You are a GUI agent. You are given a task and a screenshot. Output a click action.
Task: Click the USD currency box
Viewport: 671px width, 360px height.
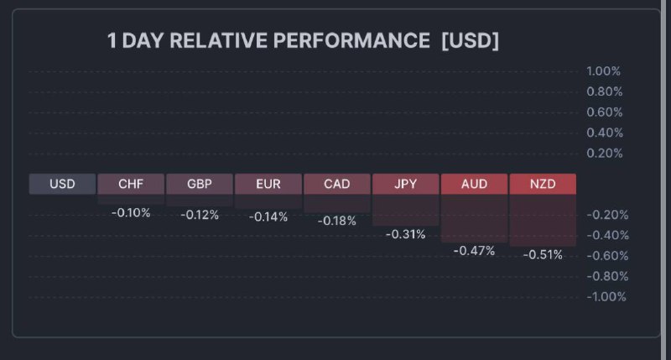point(62,184)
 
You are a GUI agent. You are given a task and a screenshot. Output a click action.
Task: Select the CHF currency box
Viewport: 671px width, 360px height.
point(131,184)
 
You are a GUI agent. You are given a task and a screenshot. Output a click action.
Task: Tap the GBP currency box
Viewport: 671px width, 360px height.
point(200,184)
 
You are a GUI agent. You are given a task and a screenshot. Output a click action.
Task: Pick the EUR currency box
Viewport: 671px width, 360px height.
point(268,184)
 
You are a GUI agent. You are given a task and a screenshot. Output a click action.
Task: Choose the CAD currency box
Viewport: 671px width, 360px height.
point(337,184)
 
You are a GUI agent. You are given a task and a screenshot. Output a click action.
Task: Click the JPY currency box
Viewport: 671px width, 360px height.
point(406,184)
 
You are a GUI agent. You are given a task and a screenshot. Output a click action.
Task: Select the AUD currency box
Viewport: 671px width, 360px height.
point(475,184)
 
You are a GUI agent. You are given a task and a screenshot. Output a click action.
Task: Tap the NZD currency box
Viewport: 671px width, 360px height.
point(543,184)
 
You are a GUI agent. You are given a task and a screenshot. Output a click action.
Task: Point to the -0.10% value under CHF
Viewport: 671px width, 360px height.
point(131,213)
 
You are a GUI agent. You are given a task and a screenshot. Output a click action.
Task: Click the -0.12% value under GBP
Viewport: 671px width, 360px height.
point(200,215)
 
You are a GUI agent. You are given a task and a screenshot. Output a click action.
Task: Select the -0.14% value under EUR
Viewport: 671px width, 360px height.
point(268,217)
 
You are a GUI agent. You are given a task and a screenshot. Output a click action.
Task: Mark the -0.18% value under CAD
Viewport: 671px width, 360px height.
point(337,221)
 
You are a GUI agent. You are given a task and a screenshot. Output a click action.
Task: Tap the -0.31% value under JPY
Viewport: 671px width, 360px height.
point(406,234)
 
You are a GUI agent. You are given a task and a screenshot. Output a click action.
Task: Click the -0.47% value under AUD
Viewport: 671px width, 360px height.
point(475,251)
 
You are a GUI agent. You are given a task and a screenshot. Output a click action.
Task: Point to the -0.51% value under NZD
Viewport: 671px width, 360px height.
point(543,254)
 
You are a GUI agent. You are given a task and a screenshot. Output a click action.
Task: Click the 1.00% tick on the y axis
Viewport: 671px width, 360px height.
point(604,71)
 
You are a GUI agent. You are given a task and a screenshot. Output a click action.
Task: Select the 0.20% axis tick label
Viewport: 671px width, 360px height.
point(604,153)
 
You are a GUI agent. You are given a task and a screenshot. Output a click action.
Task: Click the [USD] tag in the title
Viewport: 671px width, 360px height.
point(470,41)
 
